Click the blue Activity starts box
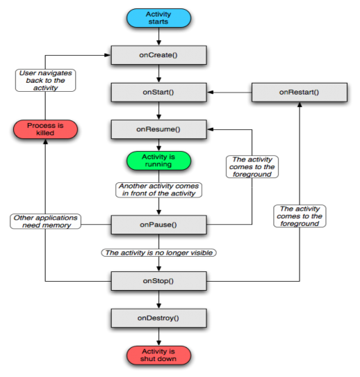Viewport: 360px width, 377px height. [158, 18]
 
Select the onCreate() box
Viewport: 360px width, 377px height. [158, 55]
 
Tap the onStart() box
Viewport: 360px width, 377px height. [158, 92]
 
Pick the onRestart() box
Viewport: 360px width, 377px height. [299, 92]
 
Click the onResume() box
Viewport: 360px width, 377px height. [158, 129]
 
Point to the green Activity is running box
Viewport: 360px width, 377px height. [158, 161]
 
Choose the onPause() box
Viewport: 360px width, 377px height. [158, 225]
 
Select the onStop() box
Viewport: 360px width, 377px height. [158, 281]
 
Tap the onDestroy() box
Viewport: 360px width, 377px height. [158, 318]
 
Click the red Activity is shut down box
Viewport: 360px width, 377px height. [158, 355]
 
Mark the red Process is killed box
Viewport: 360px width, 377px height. [45, 129]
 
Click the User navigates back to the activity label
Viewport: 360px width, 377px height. [45, 80]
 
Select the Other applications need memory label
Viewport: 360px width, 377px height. [46, 221]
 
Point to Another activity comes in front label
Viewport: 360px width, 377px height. [159, 190]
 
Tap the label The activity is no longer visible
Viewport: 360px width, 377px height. [158, 252]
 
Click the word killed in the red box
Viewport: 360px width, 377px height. [45, 133]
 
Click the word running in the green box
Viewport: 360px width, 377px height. [158, 165]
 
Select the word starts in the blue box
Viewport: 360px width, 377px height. [158, 22]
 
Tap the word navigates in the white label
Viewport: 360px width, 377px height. [52, 73]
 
